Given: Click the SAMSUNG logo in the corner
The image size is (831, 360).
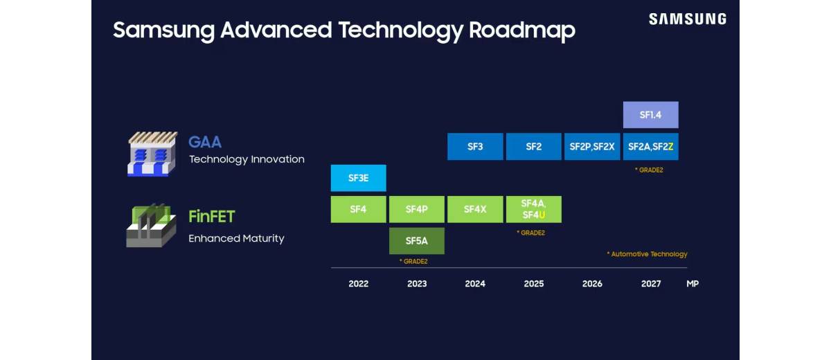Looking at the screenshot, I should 687,19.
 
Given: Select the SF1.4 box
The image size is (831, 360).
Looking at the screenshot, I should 650,115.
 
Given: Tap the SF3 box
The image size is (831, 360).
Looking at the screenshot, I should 475,147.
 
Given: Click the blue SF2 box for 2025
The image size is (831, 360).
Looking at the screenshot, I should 533,147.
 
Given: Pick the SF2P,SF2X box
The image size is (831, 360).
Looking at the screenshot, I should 592,147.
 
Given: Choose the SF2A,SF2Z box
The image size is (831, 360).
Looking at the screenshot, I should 650,147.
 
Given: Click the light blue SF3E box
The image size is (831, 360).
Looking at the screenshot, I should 358,178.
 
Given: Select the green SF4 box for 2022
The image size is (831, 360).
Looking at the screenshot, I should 358,209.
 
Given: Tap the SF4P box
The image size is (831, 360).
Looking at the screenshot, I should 417,209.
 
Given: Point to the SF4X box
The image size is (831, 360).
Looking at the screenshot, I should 475,209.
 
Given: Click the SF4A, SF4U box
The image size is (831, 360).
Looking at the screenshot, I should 533,209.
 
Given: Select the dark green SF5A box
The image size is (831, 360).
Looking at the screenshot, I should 417,241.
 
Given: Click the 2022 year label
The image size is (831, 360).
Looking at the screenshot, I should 359,284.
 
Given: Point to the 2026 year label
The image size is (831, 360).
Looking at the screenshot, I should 592,284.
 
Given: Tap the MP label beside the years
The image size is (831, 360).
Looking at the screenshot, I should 692,284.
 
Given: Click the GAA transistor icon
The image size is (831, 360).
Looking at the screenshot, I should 152,154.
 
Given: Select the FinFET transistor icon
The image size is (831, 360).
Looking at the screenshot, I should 151,226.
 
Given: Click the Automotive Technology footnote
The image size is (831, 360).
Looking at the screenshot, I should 647,254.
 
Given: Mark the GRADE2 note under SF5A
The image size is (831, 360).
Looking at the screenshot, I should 413,261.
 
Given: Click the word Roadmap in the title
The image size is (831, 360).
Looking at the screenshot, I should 522,30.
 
